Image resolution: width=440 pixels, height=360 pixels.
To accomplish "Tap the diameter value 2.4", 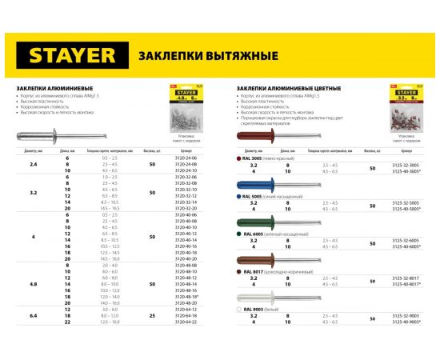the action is click(x=33, y=164).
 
